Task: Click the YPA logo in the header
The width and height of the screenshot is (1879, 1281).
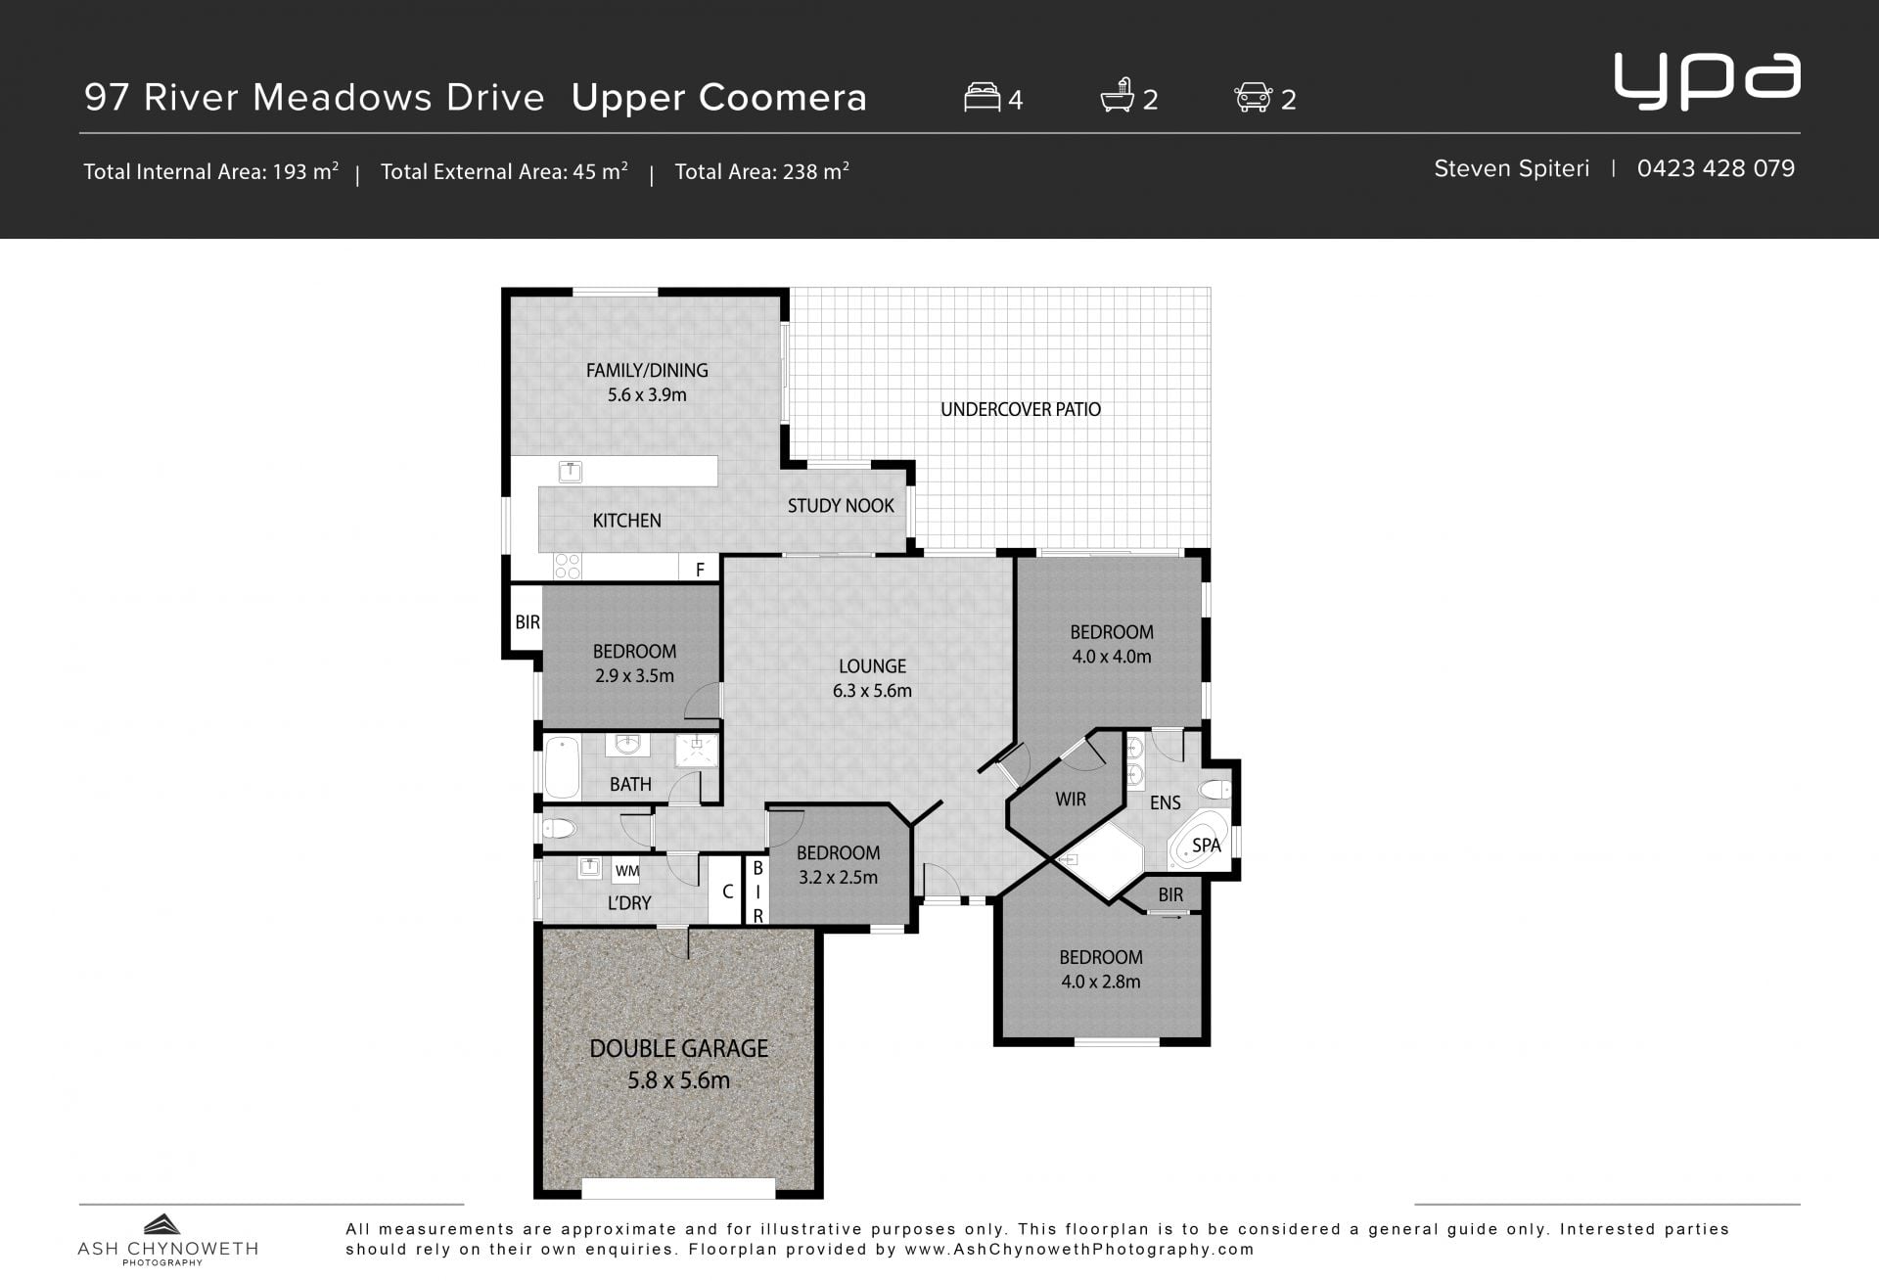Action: coord(1707,80)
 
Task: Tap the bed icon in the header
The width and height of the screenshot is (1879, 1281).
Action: coord(982,97)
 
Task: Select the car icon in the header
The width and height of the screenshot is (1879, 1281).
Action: coord(1254,97)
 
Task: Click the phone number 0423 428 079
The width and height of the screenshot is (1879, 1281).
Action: coord(1716,168)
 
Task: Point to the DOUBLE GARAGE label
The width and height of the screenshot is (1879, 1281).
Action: coord(678,1048)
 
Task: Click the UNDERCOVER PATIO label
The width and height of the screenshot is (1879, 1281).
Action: coord(1021,409)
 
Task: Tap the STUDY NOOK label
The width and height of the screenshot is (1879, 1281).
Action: coord(841,506)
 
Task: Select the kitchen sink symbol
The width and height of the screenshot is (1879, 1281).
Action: coord(570,472)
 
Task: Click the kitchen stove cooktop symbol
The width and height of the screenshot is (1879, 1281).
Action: coord(568,567)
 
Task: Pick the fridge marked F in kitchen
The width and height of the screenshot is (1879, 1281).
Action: coord(700,569)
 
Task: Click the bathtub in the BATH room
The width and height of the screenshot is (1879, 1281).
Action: coord(562,768)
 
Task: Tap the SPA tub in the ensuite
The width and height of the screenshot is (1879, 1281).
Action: coord(1200,841)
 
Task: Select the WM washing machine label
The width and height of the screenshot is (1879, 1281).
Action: coord(627,871)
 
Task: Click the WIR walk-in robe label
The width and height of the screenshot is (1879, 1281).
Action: coord(1071,799)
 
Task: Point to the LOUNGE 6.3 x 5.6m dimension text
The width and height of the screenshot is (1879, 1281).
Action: coord(872,691)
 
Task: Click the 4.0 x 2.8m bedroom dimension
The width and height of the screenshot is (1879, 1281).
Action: coord(1101,982)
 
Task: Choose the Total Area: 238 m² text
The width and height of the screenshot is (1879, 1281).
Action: coord(761,171)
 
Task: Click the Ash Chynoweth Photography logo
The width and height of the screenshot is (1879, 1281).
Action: coord(167,1240)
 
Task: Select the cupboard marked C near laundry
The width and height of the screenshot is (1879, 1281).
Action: coord(726,891)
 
